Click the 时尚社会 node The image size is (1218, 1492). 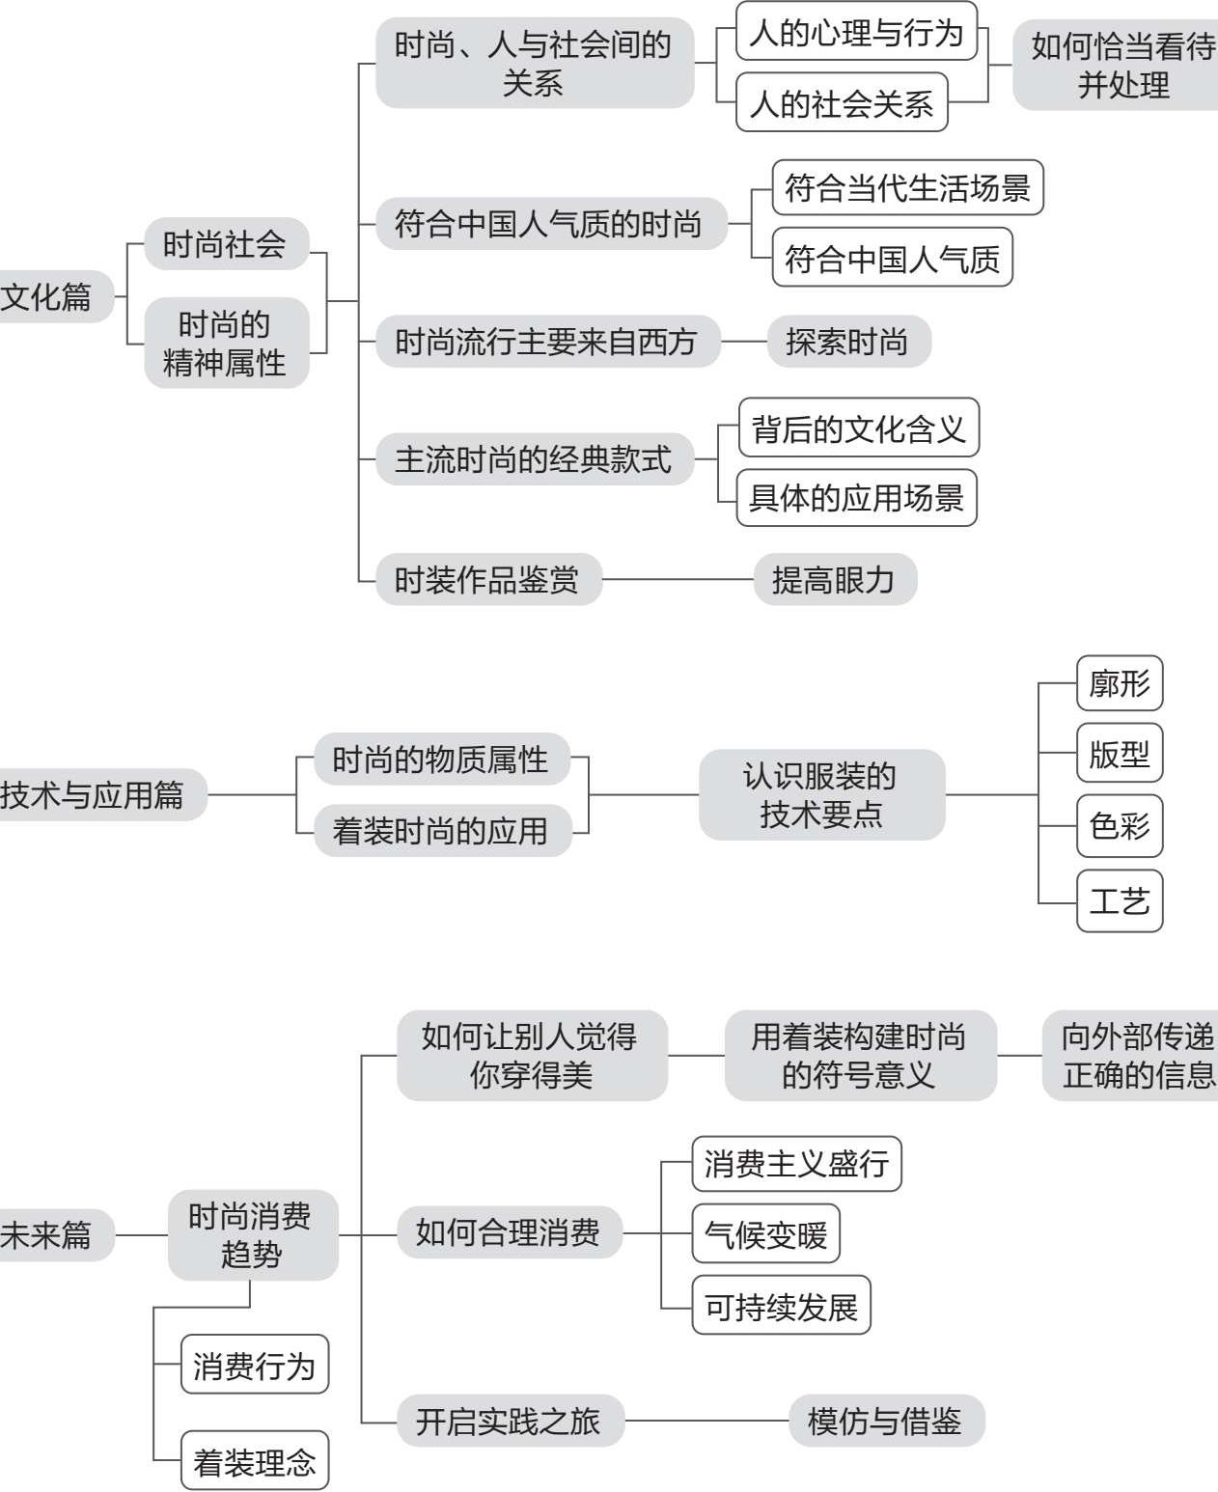point(225,244)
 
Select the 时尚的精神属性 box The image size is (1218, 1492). point(225,344)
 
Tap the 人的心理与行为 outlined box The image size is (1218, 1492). point(856,32)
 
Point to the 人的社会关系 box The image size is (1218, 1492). point(842,103)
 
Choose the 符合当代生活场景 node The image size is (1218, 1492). point(907,188)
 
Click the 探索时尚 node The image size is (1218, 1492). point(847,342)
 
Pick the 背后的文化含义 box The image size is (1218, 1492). point(858,428)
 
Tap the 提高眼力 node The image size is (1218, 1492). point(834,580)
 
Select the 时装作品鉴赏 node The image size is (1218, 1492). point(487,580)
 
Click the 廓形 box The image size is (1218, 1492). point(1119,684)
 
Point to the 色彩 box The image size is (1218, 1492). point(1119,826)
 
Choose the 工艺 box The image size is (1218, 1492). point(1119,901)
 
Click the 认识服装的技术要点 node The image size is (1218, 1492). point(821,795)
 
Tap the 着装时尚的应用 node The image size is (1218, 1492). point(441,831)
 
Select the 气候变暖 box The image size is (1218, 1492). point(765,1234)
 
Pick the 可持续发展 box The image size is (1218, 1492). point(781,1307)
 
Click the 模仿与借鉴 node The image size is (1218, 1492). point(885,1422)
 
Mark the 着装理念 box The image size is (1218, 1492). point(255,1462)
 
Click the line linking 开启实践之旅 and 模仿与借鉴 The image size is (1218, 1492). point(706,1422)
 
